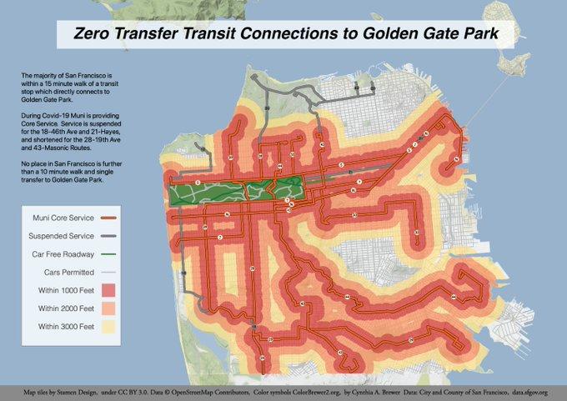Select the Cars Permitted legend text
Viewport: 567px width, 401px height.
66,272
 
